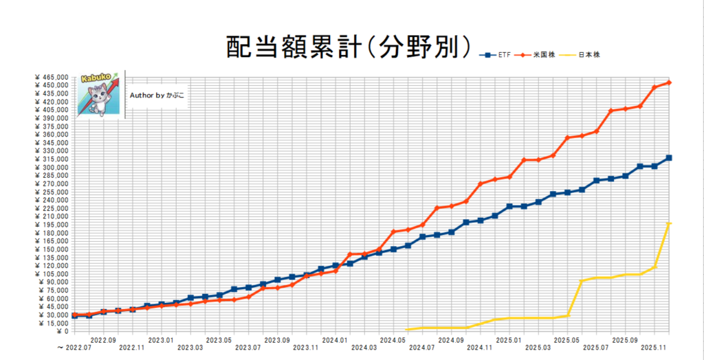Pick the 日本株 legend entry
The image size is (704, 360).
tap(592, 54)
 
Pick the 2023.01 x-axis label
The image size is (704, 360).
tap(160, 339)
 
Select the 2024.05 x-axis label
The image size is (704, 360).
tap(393, 339)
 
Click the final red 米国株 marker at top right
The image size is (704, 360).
tap(669, 82)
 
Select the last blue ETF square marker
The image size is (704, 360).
tap(669, 158)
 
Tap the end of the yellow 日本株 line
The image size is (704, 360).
tap(669, 224)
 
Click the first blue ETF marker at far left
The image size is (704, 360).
tap(74, 315)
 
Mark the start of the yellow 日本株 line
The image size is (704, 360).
tap(408, 330)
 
